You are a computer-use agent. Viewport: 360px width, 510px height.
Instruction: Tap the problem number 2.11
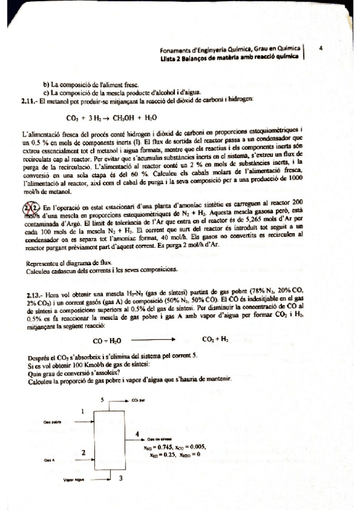28,100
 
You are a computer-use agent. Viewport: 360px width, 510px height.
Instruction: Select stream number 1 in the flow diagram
82,411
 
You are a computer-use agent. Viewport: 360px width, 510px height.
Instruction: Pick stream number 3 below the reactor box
121,478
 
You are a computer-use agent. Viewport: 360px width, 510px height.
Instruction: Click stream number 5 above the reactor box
102,399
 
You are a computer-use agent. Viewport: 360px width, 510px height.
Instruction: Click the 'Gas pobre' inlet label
52,422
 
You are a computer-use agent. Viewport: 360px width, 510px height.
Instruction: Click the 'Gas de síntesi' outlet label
161,440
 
